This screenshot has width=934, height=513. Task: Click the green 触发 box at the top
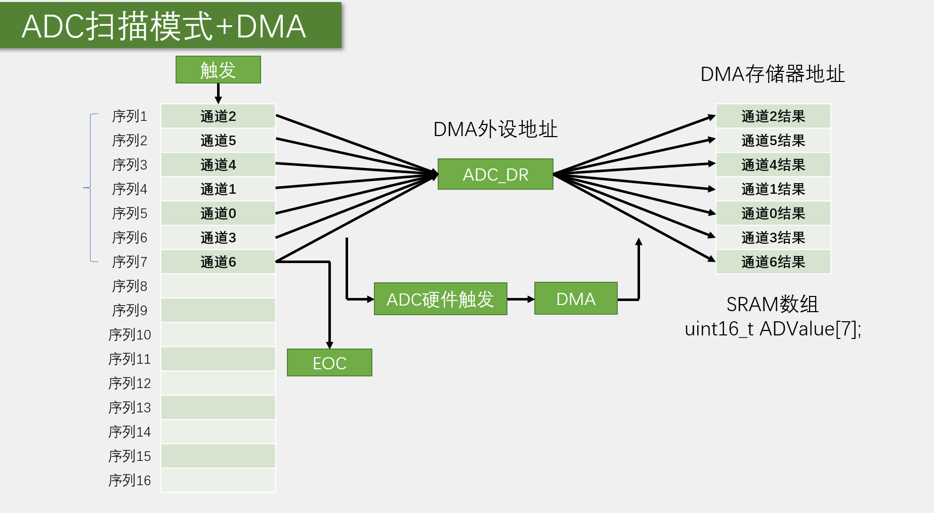pos(218,70)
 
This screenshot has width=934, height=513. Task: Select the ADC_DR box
pos(495,175)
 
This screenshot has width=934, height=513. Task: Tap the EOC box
pos(329,363)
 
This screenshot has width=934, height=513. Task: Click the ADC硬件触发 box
pos(440,299)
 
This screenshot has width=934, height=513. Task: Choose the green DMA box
pos(576,299)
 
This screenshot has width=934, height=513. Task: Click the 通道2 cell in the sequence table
pos(218,116)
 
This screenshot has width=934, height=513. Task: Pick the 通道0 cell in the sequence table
pos(218,213)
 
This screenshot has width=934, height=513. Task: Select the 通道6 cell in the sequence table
pos(218,262)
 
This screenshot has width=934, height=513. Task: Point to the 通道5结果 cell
pos(773,141)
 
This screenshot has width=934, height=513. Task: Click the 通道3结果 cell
pos(773,238)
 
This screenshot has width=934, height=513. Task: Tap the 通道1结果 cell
pos(773,189)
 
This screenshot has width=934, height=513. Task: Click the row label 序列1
pos(130,116)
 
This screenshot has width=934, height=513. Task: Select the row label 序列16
pos(130,480)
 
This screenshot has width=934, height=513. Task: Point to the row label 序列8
pos(130,286)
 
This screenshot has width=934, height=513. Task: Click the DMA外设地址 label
pos(495,130)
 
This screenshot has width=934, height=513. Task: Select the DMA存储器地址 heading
pos(773,74)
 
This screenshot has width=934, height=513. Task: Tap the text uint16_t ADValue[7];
pos(773,329)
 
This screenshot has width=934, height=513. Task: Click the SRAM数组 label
pos(773,305)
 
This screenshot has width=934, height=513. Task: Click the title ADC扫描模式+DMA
pos(164,26)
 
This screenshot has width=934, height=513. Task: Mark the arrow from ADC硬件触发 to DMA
pos(521,299)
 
